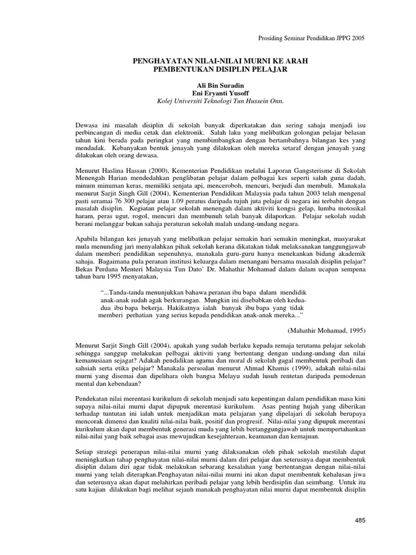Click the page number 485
tap(360, 521)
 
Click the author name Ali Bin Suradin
tap(209, 85)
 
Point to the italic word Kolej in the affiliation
tap(165, 101)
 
